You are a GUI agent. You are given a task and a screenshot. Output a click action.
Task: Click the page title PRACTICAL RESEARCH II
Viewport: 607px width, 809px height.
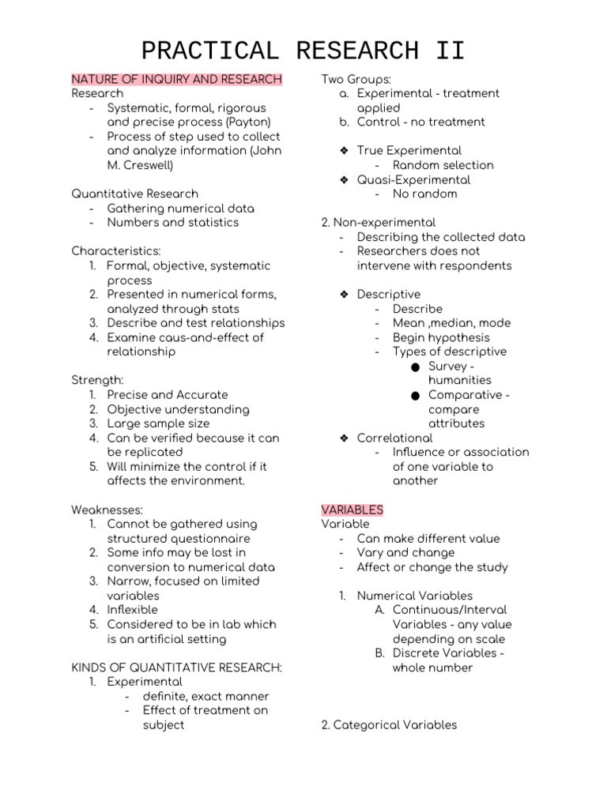303,51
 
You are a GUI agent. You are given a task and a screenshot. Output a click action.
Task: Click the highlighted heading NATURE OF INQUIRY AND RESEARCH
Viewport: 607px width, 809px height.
176,79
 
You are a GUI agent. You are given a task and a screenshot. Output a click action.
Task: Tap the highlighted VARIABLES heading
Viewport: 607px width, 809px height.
352,510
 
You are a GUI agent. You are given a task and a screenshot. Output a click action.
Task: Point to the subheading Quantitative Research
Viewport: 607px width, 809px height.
134,194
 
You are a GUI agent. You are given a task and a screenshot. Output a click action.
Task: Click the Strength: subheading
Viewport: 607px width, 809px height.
97,380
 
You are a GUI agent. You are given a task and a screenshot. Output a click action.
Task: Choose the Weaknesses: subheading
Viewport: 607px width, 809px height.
107,510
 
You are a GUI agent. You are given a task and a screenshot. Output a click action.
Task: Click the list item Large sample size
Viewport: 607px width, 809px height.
158,423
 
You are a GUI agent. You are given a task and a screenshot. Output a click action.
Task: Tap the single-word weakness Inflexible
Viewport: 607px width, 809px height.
132,610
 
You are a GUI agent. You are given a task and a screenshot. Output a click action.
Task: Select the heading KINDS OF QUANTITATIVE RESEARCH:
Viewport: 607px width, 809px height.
176,668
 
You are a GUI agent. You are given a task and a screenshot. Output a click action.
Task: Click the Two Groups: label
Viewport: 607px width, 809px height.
356,79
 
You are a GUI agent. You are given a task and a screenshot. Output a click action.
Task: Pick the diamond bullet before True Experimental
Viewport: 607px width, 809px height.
345,150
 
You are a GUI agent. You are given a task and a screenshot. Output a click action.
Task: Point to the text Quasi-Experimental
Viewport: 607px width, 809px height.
413,179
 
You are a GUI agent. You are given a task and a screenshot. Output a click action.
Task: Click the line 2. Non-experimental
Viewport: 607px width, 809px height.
378,223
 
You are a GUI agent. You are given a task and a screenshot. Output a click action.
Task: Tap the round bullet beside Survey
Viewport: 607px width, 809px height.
416,367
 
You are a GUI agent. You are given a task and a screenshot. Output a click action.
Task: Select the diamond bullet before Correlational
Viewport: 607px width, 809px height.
345,438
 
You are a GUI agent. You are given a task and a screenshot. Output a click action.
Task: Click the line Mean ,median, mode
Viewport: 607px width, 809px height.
451,323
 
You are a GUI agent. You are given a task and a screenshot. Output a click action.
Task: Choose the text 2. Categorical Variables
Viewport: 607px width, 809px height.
389,724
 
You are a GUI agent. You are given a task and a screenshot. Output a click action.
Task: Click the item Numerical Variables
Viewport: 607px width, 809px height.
414,596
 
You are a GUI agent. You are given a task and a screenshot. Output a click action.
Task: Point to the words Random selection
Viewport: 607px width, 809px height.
443,165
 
